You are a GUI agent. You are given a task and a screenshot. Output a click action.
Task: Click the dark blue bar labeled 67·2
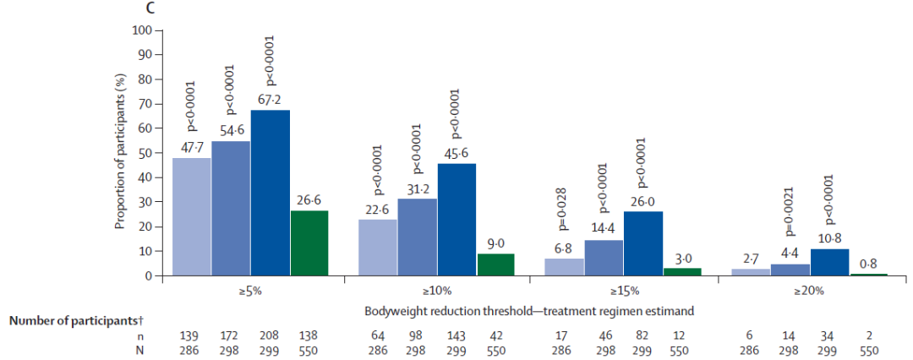pos(271,193)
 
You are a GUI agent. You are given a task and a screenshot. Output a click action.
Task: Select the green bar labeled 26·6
pos(309,243)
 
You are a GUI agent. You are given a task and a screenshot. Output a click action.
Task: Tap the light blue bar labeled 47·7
pos(192,216)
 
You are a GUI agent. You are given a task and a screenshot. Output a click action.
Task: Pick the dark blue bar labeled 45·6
pos(456,220)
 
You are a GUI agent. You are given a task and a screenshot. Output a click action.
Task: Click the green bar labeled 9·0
pos(495,265)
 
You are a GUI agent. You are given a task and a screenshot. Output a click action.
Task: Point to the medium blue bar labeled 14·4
pos(604,258)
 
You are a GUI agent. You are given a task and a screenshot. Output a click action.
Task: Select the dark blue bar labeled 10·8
pos(830,262)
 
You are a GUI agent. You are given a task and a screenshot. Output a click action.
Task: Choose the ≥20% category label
pos(812,292)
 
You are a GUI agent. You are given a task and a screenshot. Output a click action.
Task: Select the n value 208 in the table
pos(271,336)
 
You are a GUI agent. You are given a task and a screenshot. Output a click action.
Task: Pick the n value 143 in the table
pos(456,336)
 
